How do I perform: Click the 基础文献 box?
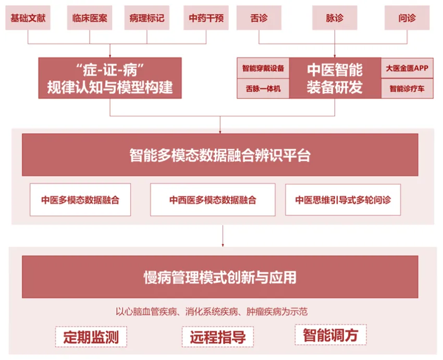click(28, 18)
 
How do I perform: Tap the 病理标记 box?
click(147, 18)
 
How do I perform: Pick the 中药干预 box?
click(206, 18)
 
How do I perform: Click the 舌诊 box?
click(259, 18)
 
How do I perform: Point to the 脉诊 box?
click(335, 18)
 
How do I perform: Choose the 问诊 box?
click(407, 18)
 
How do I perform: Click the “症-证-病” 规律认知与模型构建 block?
click(110, 78)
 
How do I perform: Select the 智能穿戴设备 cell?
click(263, 68)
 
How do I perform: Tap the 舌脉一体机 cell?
click(263, 88)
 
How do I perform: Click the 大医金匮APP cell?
click(407, 68)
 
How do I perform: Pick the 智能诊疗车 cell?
click(407, 88)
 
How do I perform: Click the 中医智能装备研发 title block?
click(335, 78)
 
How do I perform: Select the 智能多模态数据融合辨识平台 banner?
click(220, 155)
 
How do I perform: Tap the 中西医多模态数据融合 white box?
click(213, 200)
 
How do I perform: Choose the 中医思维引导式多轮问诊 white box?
click(343, 200)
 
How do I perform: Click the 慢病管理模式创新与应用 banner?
click(220, 277)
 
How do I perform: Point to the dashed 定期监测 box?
click(91, 337)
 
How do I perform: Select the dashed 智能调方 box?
click(330, 335)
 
